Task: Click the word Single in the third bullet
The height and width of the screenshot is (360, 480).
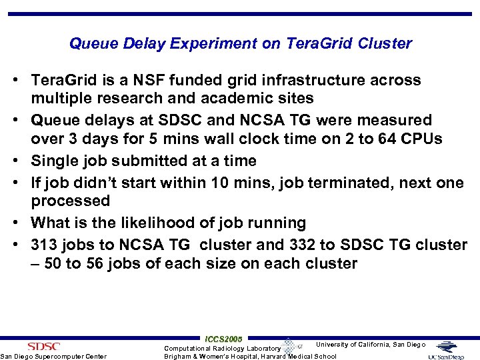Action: coord(54,161)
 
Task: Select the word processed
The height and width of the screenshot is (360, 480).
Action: coord(70,201)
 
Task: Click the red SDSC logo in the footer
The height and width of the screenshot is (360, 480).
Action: coord(43,346)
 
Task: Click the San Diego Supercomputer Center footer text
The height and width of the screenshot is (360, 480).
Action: coord(53,356)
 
